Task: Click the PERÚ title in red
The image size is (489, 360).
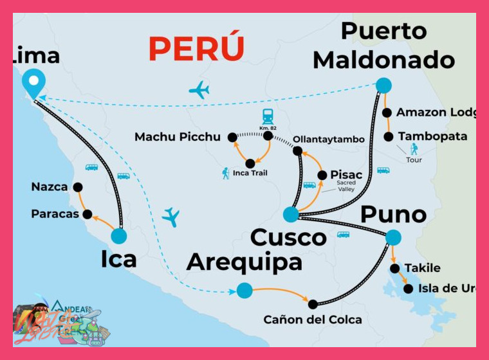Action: [x=196, y=48]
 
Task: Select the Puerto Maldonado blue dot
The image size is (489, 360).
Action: [x=383, y=85]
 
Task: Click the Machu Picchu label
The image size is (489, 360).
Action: [x=178, y=137]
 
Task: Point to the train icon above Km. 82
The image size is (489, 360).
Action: [x=268, y=116]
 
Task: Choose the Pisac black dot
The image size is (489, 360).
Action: [x=322, y=175]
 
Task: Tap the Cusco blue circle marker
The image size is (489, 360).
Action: [x=291, y=215]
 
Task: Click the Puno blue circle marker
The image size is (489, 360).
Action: [x=393, y=237]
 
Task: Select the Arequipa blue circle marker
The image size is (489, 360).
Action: [x=244, y=291]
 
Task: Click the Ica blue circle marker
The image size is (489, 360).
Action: [x=119, y=236]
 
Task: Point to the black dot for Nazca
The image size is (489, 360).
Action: [x=78, y=187]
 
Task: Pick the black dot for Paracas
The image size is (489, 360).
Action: [x=88, y=214]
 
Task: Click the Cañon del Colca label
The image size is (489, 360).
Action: [x=313, y=319]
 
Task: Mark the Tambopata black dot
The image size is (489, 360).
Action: [x=389, y=137]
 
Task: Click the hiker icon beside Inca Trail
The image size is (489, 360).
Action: [x=226, y=173]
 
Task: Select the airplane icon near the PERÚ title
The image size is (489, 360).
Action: [x=199, y=90]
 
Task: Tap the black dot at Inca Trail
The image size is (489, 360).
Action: [x=250, y=163]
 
